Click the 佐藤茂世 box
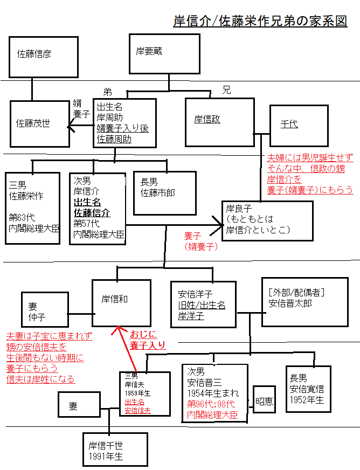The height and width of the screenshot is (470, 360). pos(39,124)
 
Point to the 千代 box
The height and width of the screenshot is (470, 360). pos(299,126)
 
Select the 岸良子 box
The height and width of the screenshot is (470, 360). pos(267,219)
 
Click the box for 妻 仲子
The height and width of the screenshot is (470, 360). pos(45,310)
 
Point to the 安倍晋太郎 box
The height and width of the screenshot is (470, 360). pos(304,302)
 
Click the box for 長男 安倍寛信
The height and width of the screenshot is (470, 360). pos(308,388)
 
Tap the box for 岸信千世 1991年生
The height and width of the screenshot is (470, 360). pos(114,450)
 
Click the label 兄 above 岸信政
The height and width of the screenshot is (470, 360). pos(226,90)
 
